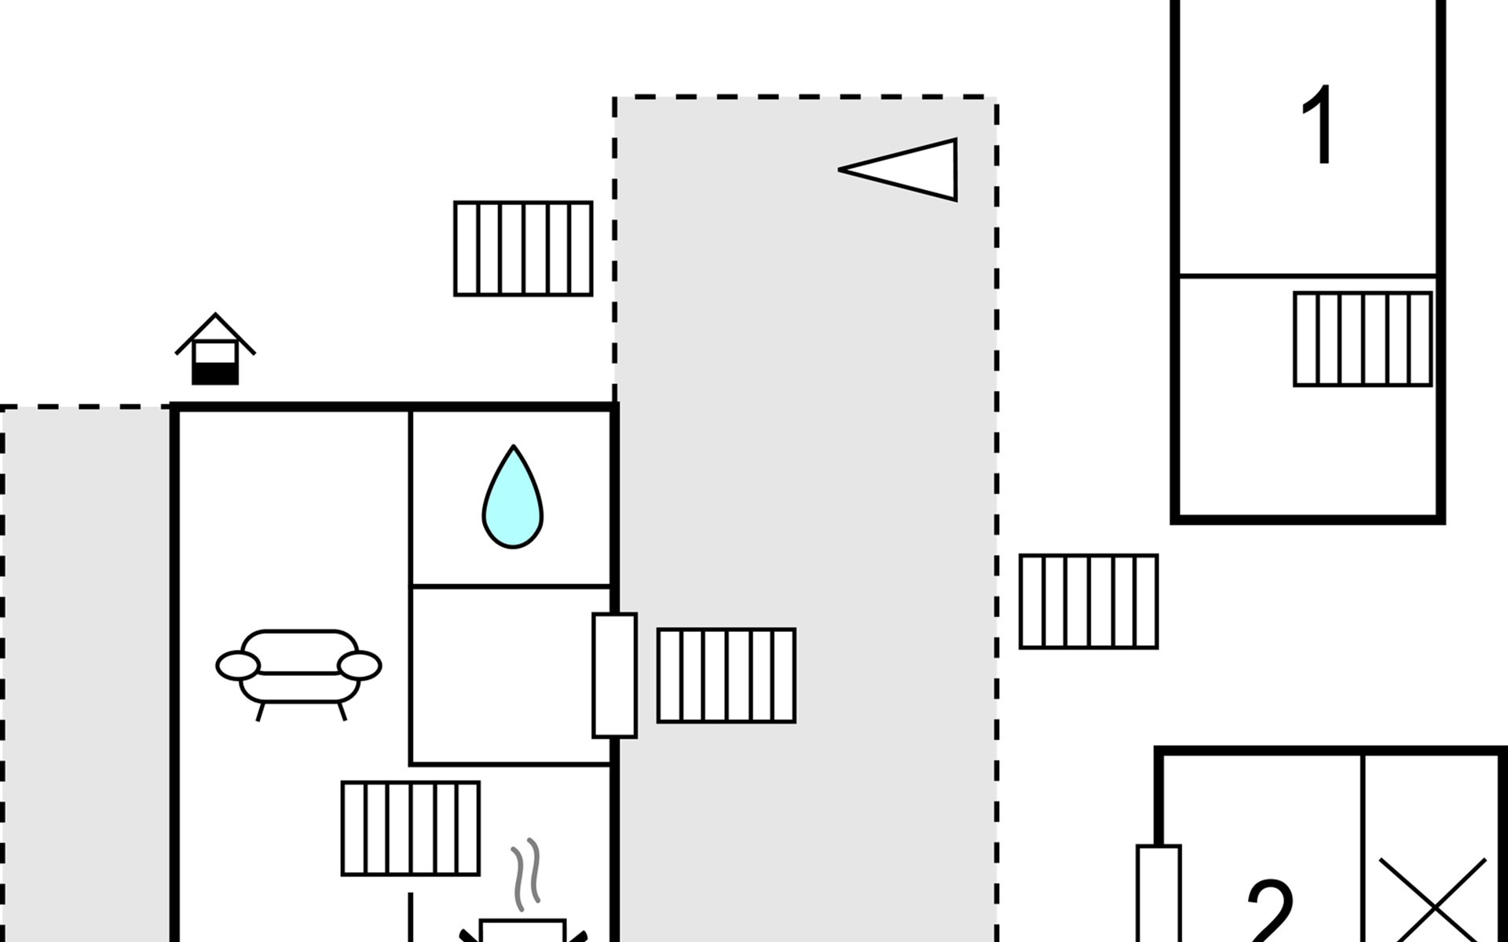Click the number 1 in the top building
tap(1319, 126)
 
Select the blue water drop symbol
tap(513, 497)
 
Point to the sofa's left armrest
tap(237, 666)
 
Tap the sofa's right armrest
tap(360, 666)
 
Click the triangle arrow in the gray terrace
tap(899, 170)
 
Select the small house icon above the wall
tap(215, 349)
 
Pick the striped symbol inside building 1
tap(1363, 339)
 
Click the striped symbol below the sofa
tap(411, 828)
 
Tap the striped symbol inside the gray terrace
tap(727, 675)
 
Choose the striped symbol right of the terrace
tap(1089, 601)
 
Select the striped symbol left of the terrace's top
tap(523, 248)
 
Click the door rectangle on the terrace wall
tap(614, 675)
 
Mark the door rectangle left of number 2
tap(1158, 893)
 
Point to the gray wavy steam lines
tap(526, 874)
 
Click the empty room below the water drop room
tap(511, 675)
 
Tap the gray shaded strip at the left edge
tap(86, 675)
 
